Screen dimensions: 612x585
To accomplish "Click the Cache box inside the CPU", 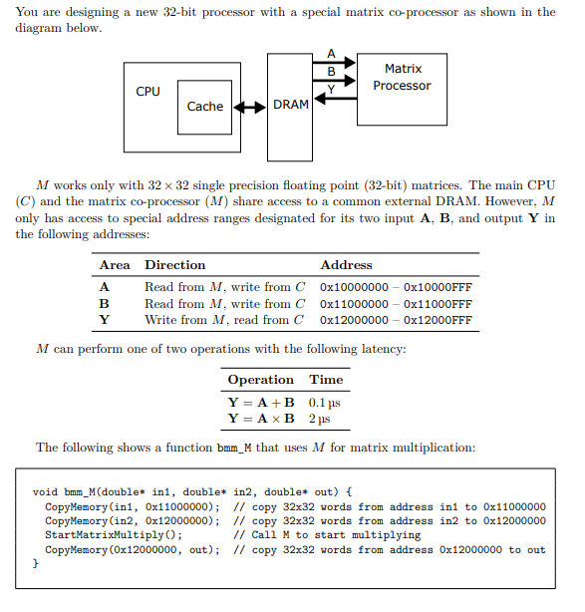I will coord(205,107).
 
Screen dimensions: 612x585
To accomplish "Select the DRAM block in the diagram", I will coord(290,106).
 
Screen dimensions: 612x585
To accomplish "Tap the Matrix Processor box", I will coord(402,78).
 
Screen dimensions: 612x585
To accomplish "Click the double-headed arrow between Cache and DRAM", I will coord(249,107).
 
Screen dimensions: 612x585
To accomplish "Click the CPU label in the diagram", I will coord(147,92).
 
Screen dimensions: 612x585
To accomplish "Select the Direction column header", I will coord(175,265).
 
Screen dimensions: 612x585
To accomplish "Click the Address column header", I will coord(346,265).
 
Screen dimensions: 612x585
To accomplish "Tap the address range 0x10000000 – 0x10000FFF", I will coord(396,287).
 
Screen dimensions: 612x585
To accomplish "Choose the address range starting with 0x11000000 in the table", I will coord(396,304).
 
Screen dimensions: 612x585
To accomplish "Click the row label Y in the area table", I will coord(104,320).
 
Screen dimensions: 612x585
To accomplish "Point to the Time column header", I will coord(326,380).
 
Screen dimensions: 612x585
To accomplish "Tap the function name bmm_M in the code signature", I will coord(78,492).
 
